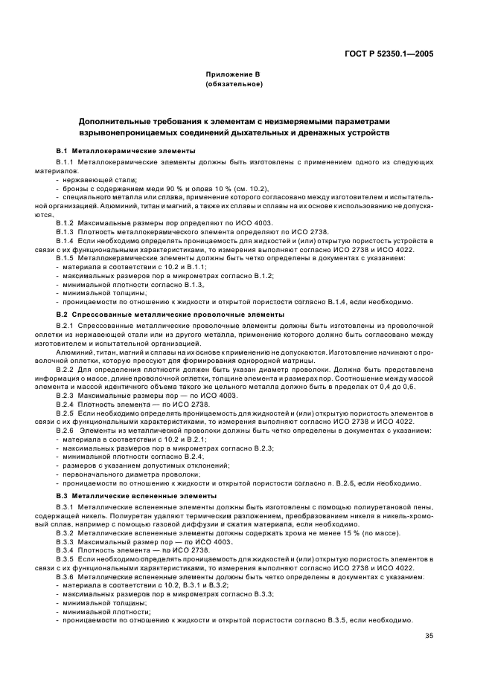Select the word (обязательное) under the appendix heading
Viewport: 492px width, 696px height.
(x=234, y=84)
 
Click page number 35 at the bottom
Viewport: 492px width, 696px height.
(x=429, y=635)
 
